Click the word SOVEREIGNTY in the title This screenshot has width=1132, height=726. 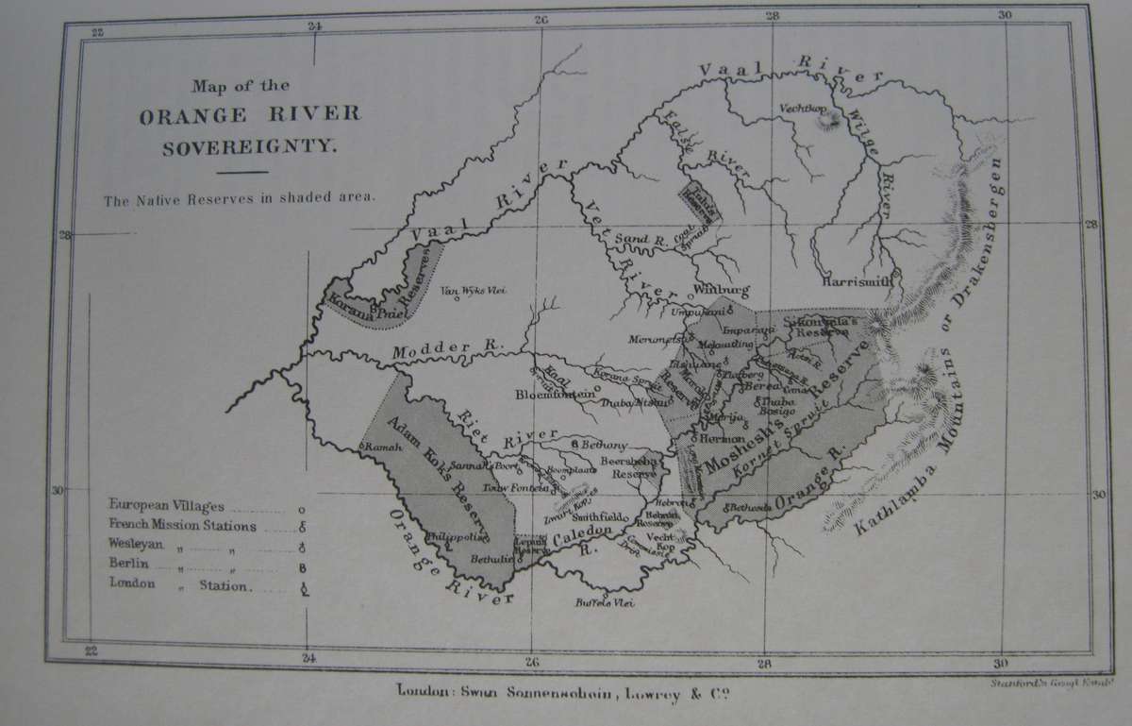[x=251, y=148]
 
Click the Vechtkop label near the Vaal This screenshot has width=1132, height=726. [x=803, y=107]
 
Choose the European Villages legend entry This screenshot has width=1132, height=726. [x=166, y=506]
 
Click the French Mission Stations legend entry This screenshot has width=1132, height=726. [x=182, y=526]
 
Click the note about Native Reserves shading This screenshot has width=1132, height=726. [x=241, y=200]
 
